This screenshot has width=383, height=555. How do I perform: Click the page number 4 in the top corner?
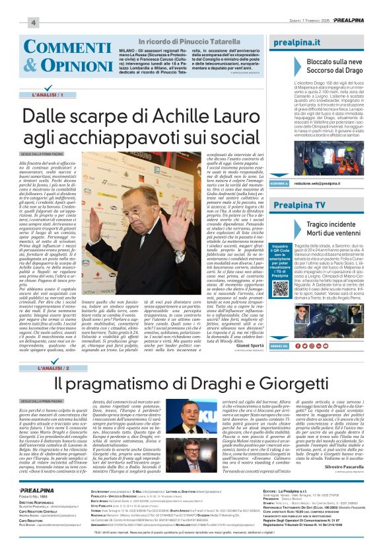click(32, 22)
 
